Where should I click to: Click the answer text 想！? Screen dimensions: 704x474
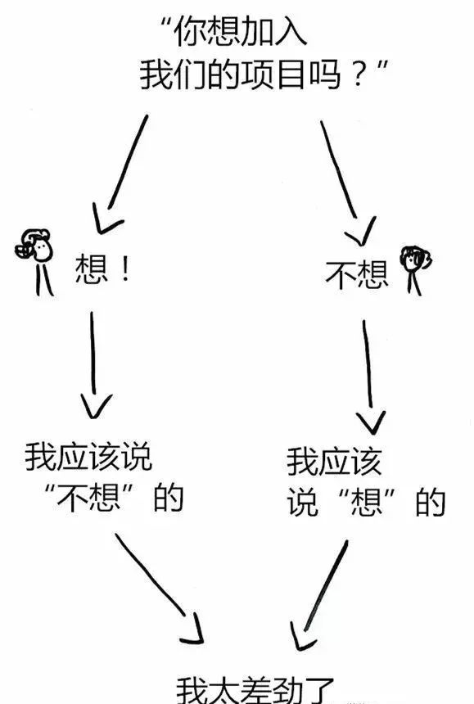(x=102, y=269)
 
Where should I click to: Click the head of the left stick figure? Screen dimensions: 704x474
(x=38, y=245)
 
